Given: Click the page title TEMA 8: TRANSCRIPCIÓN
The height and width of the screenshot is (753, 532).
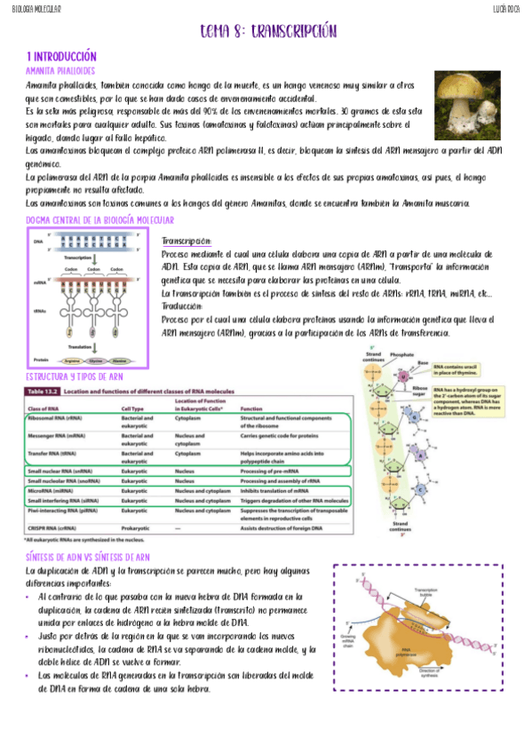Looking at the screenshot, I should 268,32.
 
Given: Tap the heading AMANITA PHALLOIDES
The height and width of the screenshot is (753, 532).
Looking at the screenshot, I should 60,69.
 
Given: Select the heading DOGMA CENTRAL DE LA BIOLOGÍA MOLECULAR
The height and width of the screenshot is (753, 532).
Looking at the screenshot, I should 100,219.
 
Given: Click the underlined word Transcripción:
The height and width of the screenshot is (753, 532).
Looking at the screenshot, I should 187,242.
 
